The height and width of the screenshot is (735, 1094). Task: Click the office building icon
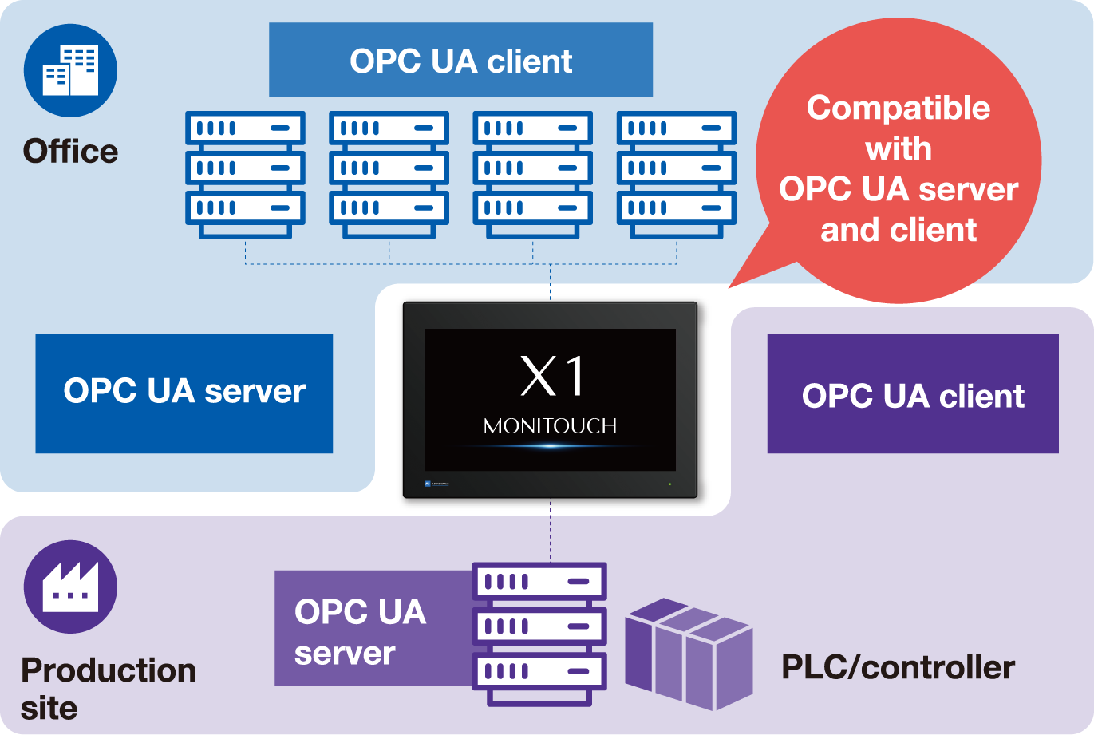(70, 70)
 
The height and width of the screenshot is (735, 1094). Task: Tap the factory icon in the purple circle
(70, 587)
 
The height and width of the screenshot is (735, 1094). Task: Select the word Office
(70, 151)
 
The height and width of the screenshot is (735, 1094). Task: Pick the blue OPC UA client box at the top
(460, 61)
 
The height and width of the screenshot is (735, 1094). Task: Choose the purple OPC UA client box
(912, 394)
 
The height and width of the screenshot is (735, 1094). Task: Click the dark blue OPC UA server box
(184, 393)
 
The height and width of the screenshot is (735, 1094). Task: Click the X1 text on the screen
(552, 376)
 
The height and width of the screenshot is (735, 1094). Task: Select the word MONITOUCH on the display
(550, 426)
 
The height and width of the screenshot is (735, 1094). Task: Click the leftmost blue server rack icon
(245, 174)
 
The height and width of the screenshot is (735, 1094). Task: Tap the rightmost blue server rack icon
(676, 174)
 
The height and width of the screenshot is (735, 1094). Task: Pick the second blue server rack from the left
(389, 174)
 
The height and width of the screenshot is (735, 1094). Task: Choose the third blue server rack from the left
(532, 174)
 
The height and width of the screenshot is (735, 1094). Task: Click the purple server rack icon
(539, 633)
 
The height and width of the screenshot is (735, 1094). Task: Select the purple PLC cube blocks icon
(689, 653)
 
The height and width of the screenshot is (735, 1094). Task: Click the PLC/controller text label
(897, 667)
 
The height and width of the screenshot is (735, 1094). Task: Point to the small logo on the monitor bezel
(436, 484)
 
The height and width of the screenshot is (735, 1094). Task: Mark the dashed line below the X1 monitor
(550, 531)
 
